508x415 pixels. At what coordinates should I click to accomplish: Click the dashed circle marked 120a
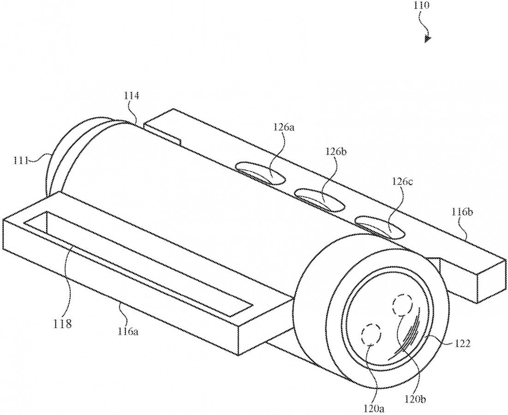(372, 334)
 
